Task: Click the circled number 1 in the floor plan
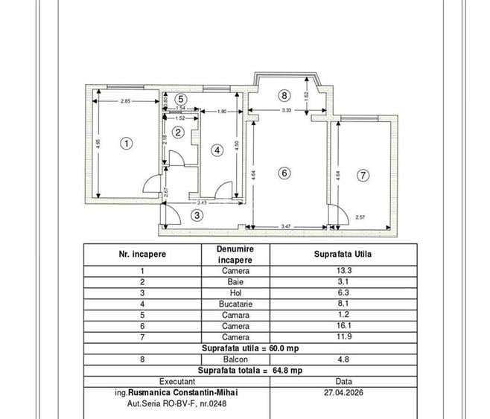coord(127,144)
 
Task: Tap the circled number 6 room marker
coord(283,173)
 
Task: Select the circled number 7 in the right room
coord(363,176)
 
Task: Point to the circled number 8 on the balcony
coord(283,95)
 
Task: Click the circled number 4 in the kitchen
coord(217,150)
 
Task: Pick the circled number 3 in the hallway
coord(197,215)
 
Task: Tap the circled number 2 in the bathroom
coord(178,132)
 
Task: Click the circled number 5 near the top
coord(181,98)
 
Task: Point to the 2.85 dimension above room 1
coord(126,100)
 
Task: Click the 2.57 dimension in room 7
coord(360,217)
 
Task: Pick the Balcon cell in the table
coord(235,358)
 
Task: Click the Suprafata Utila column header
coord(344,254)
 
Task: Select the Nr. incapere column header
coord(142,254)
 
